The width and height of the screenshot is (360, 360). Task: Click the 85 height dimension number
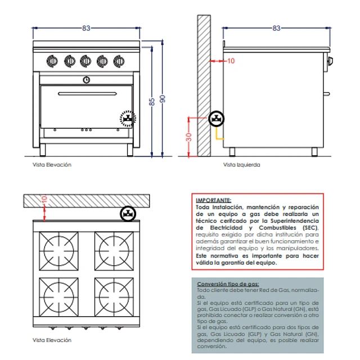coord(151,102)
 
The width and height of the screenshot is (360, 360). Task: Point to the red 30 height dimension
coord(189,137)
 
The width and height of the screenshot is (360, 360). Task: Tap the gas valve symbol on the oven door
coord(128,119)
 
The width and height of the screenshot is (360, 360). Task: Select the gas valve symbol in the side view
coord(217,119)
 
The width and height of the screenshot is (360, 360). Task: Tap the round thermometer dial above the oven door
coord(86,79)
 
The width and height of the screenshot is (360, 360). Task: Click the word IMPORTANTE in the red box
coord(213,200)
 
